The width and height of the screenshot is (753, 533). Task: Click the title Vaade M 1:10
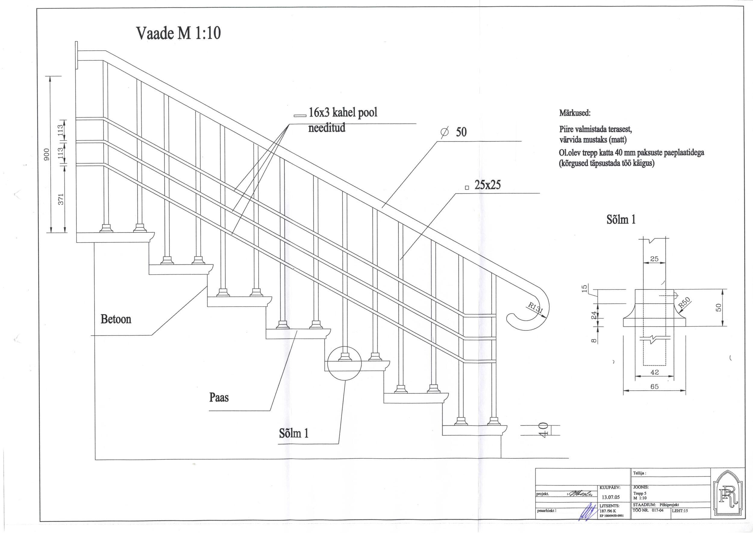tap(178, 33)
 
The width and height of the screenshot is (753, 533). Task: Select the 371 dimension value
tap(61, 199)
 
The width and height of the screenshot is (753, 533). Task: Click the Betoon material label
tap(116, 319)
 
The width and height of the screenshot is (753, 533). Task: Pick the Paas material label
tap(219, 398)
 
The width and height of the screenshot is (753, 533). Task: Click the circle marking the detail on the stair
tap(344, 363)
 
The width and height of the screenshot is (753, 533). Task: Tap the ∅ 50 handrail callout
tap(454, 132)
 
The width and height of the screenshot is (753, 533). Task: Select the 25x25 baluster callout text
tap(487, 185)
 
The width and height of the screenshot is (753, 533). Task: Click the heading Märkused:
tap(575, 114)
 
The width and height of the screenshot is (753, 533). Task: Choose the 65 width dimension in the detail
tap(654, 386)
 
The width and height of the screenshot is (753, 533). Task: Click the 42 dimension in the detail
tap(654, 372)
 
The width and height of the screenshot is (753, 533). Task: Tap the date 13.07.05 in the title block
tap(611, 497)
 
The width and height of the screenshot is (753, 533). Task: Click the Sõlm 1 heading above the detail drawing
tap(621, 219)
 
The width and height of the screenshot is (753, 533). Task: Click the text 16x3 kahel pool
tap(343, 112)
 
